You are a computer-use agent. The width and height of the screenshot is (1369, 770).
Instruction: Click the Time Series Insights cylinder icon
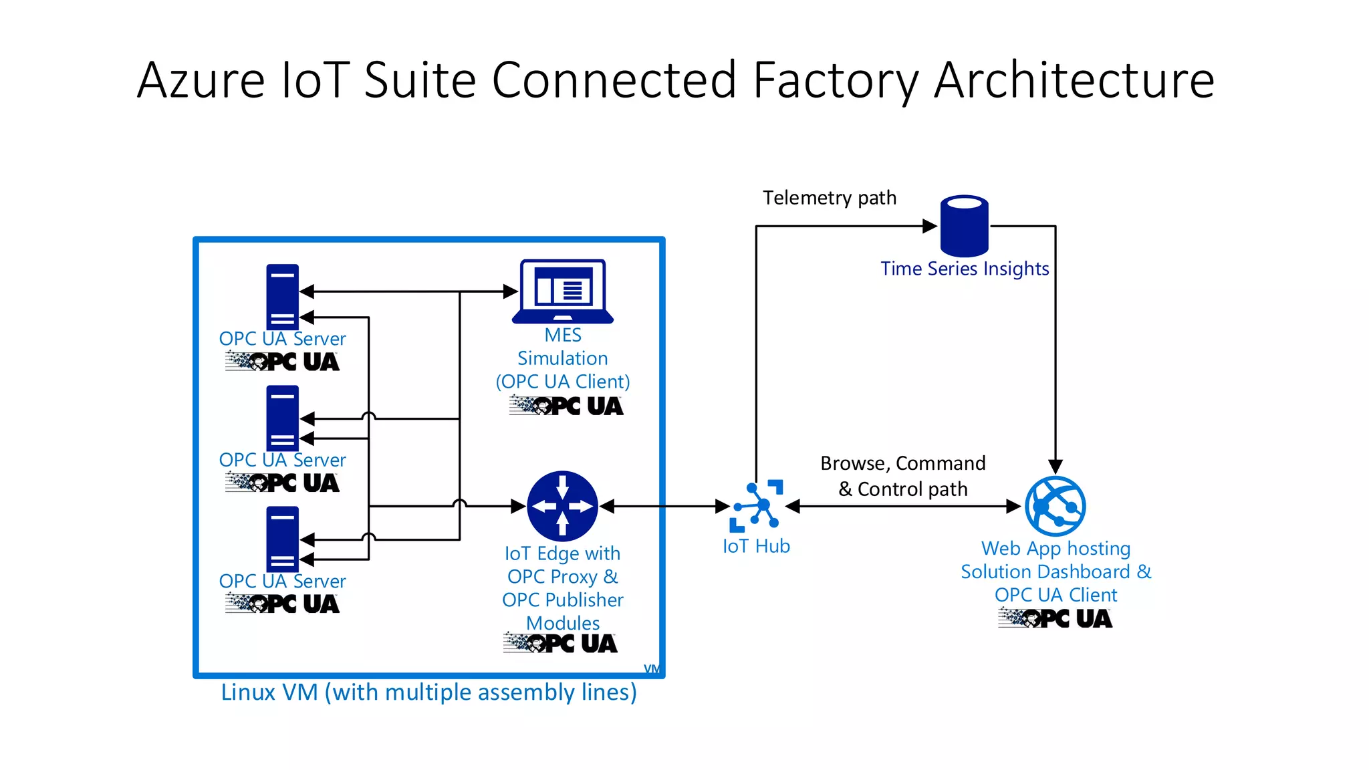(964, 226)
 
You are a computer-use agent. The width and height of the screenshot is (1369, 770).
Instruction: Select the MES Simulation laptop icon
(563, 291)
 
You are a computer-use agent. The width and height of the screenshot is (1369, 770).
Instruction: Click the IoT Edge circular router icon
(562, 506)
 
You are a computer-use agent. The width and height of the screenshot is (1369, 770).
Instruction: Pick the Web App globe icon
(1055, 506)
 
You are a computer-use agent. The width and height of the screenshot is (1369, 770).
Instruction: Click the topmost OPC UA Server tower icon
(282, 296)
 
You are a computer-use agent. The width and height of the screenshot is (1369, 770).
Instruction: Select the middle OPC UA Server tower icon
(282, 418)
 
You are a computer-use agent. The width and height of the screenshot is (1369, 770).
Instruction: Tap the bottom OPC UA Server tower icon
(282, 539)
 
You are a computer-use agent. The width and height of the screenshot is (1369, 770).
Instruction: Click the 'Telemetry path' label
(830, 198)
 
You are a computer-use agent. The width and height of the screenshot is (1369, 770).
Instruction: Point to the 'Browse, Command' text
(902, 463)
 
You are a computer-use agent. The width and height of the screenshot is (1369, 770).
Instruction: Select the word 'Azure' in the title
(201, 80)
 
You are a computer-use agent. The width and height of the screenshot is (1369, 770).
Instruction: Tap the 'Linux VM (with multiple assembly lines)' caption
(428, 692)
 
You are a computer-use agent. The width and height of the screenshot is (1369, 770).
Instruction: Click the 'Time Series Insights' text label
(964, 269)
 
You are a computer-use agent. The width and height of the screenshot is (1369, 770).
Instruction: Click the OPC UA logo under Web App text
(1055, 618)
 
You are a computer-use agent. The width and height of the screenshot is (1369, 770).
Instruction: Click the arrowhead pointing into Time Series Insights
(930, 226)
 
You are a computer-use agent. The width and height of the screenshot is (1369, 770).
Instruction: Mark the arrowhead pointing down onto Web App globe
(1055, 467)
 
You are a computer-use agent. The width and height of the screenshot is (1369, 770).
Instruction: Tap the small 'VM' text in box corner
(652, 669)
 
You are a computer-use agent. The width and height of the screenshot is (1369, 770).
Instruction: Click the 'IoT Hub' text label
(756, 546)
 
